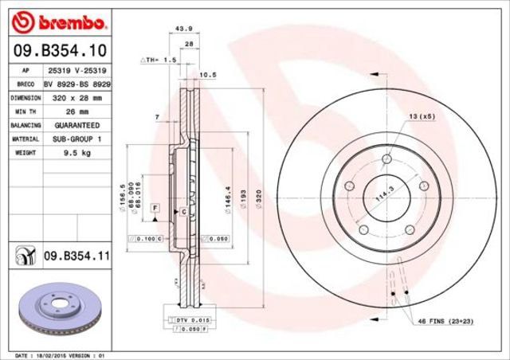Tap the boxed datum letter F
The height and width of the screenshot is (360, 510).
coord(156,208)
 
